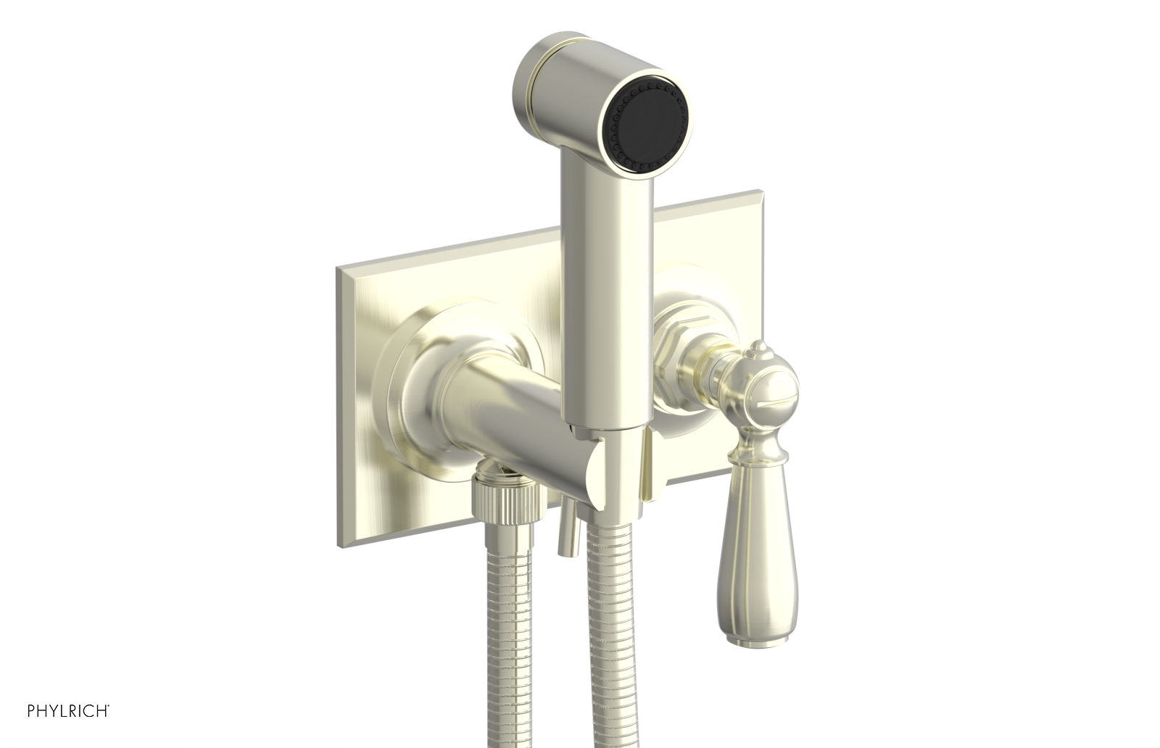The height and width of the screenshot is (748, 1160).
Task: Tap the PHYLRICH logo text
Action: tap(68, 711)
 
